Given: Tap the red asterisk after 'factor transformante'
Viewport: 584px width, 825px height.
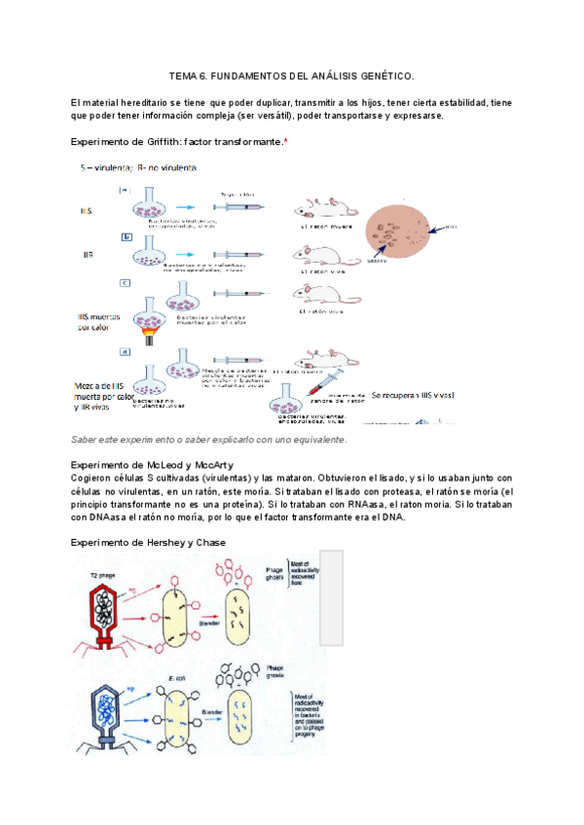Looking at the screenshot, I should click(285, 142).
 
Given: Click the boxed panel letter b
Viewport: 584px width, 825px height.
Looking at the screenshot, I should click(127, 236).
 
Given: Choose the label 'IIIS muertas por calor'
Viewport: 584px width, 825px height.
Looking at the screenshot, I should click(99, 322).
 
